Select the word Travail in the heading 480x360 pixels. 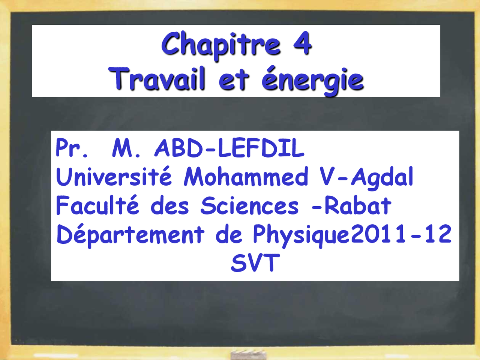tap(157, 79)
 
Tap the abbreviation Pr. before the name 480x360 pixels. tap(72, 148)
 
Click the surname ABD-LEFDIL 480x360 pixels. tap(229, 148)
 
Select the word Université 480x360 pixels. tap(114, 177)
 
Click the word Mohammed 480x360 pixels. tap(246, 177)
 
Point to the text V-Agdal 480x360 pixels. tap(366, 177)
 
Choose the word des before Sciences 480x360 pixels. tap(169, 206)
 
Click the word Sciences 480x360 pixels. tap(249, 206)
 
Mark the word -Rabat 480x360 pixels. tap(351, 206)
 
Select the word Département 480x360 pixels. tap(130, 235)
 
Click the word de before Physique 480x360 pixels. tap(229, 235)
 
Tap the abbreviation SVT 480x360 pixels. tap(255, 263)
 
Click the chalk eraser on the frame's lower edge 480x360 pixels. tap(248, 354)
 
